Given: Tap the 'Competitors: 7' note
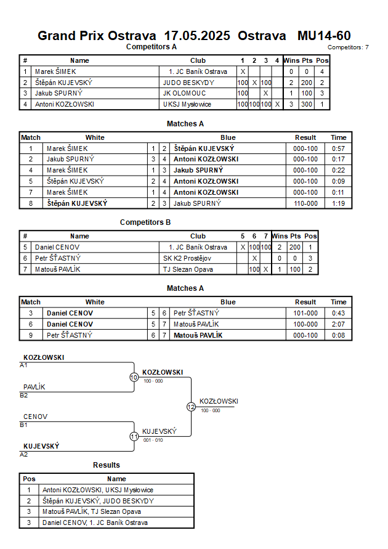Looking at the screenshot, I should click(348, 47).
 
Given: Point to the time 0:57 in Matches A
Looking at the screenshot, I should click(338, 148).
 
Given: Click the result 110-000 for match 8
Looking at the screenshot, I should click(305, 203).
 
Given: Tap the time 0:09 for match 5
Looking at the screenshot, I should click(338, 181).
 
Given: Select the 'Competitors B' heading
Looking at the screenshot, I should click(145, 222).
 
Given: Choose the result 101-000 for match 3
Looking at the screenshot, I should click(305, 313).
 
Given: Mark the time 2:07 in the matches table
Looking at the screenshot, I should click(338, 324).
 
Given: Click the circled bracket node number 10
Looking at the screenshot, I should click(134, 377).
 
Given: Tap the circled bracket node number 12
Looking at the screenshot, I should click(191, 407).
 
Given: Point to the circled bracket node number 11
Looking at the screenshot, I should click(134, 436).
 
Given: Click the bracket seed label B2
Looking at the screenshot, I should click(24, 395).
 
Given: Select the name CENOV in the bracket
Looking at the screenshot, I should click(36, 417).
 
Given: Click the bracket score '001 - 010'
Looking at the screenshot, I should click(153, 440).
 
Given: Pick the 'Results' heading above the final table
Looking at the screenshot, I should click(107, 465).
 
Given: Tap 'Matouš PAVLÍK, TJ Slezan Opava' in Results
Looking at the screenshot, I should click(92, 511).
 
